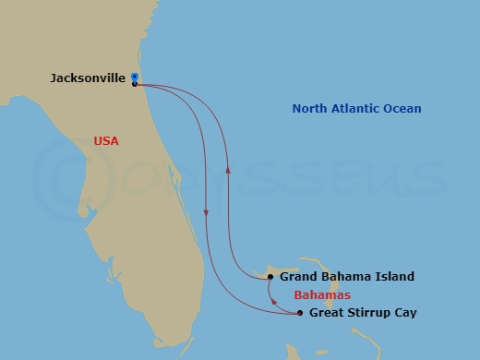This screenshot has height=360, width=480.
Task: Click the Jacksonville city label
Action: click(x=88, y=78)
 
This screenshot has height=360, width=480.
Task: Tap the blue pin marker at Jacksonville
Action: click(x=135, y=78)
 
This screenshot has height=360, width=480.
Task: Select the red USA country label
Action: click(x=107, y=141)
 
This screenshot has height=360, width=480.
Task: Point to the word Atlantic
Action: click(x=356, y=109)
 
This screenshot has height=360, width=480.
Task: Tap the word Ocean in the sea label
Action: click(x=403, y=109)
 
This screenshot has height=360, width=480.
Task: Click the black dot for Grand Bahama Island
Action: click(x=270, y=276)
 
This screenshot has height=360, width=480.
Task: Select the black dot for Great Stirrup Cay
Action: click(x=300, y=313)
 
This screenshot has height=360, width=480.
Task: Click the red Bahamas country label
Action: click(x=321, y=295)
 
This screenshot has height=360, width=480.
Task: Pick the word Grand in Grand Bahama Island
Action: click(x=298, y=276)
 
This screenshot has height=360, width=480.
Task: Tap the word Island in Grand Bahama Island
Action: click(x=394, y=276)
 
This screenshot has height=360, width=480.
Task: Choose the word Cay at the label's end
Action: click(x=405, y=313)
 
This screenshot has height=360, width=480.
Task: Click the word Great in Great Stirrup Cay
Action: click(x=327, y=313)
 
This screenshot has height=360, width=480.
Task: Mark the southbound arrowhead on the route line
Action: click(x=206, y=213)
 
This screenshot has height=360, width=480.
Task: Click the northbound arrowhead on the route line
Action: click(x=226, y=170)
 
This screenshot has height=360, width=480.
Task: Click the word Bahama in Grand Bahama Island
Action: click(x=345, y=276)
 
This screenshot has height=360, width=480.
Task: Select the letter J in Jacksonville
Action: click(x=54, y=78)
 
